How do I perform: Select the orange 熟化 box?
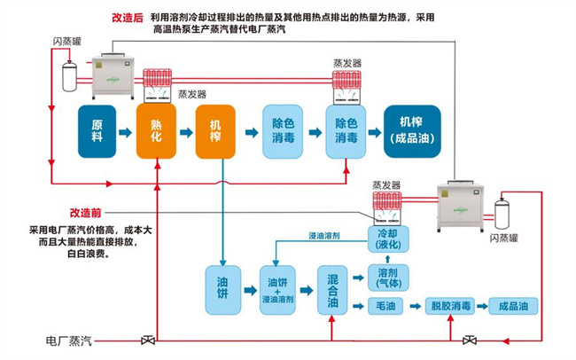pyautogui.click(x=156, y=131)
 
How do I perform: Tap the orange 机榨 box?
pyautogui.click(x=215, y=131)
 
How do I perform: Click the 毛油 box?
pyautogui.click(x=388, y=306)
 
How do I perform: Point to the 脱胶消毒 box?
pyautogui.click(x=448, y=306)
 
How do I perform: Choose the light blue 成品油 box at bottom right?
pyautogui.click(x=513, y=306)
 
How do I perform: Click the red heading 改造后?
pyautogui.click(x=128, y=17)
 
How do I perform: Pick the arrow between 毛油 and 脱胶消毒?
pyautogui.click(x=416, y=306)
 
